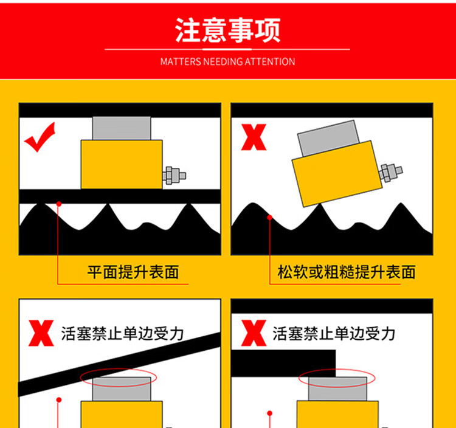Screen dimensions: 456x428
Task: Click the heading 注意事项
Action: click(x=228, y=30)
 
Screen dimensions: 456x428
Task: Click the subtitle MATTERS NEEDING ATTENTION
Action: click(x=228, y=61)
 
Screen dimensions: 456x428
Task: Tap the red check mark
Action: click(x=40, y=137)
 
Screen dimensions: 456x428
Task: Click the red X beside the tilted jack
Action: click(x=254, y=137)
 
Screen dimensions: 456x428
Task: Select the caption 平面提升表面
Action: click(x=133, y=272)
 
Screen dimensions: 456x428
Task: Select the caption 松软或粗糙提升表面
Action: click(x=347, y=272)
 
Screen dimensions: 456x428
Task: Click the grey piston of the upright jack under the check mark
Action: click(x=122, y=128)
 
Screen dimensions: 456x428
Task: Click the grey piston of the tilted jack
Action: click(x=328, y=138)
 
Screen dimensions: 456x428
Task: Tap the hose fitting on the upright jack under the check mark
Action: click(x=174, y=176)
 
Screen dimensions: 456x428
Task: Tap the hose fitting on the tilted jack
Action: click(x=390, y=173)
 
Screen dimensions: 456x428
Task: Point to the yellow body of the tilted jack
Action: click(x=337, y=174)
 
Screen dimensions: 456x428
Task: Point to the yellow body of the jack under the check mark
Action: click(x=122, y=165)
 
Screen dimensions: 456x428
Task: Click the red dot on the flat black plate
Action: click(x=59, y=204)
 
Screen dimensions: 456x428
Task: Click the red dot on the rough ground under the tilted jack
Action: click(x=269, y=217)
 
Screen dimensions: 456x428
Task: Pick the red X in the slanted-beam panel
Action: click(x=41, y=333)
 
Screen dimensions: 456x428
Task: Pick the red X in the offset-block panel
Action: click(x=254, y=333)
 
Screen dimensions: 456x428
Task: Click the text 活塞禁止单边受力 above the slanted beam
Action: click(x=122, y=334)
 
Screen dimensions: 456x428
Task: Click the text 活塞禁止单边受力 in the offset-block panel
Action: click(x=334, y=334)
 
